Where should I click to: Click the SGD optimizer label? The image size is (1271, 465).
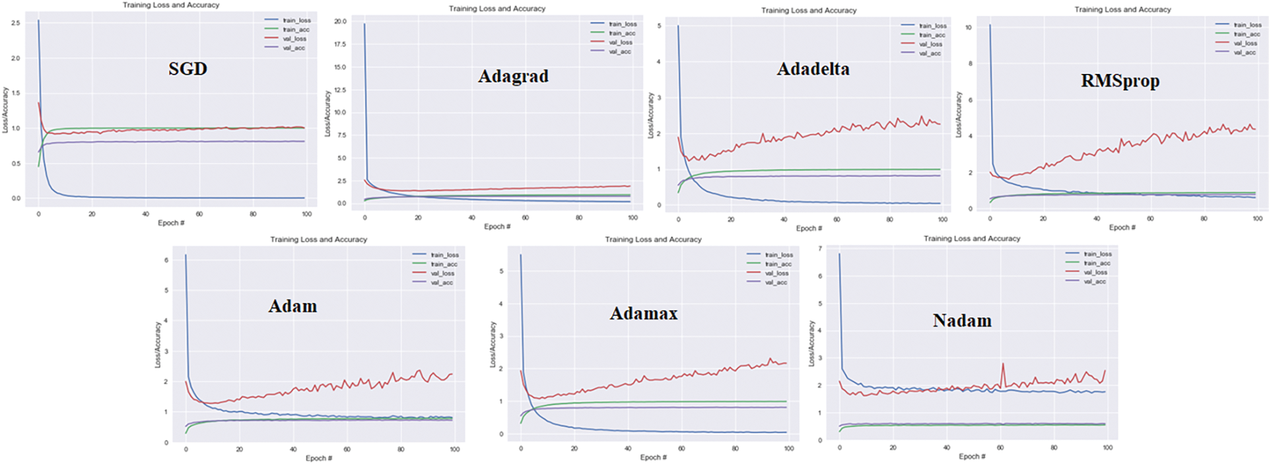click(188, 69)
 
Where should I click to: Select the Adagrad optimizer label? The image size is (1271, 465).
click(513, 77)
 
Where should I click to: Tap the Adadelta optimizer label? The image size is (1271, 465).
click(813, 69)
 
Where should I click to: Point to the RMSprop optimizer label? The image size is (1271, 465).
click(1120, 81)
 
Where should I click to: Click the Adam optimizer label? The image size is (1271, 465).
click(292, 306)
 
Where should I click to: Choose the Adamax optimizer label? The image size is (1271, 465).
click(644, 314)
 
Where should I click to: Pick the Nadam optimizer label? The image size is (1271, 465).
click(962, 321)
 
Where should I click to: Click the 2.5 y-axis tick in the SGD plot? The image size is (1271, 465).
click(15, 23)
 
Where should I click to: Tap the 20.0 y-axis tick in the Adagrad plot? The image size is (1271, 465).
click(339, 22)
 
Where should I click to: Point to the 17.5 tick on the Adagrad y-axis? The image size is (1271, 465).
click(339, 44)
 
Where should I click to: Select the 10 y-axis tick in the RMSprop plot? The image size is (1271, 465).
click(968, 28)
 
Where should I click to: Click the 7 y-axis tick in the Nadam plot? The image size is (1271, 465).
click(820, 249)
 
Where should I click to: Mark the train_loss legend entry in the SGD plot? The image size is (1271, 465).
click(296, 20)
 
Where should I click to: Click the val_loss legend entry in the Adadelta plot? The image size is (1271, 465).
click(930, 44)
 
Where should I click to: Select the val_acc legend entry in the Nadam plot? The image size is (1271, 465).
click(1094, 281)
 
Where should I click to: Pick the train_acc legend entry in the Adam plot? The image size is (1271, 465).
click(444, 264)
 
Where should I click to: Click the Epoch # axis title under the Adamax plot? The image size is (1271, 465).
click(653, 457)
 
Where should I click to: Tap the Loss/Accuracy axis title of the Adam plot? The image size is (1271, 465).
click(158, 344)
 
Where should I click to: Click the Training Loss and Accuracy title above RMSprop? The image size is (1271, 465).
click(1122, 9)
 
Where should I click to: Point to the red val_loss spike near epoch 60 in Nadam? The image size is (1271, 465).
click(1003, 364)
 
